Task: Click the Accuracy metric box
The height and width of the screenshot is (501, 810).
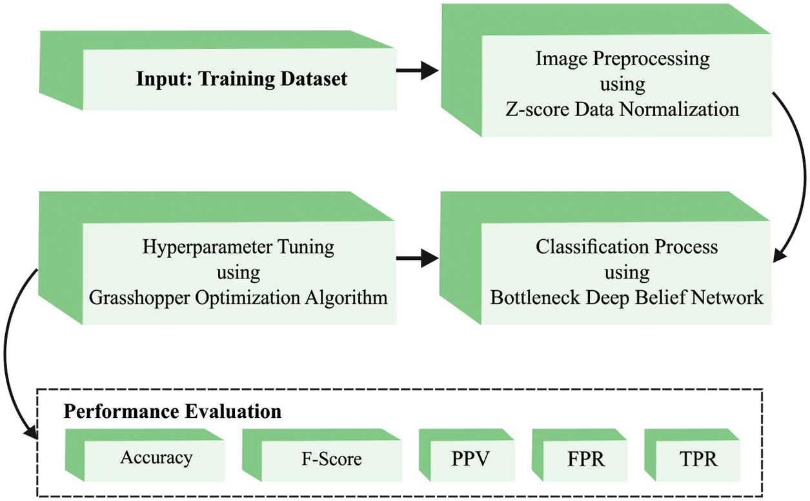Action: pyautogui.click(x=156, y=458)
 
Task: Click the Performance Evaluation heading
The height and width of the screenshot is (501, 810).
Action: pyautogui.click(x=172, y=411)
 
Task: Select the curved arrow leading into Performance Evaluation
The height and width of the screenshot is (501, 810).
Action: pyautogui.click(x=13, y=361)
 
